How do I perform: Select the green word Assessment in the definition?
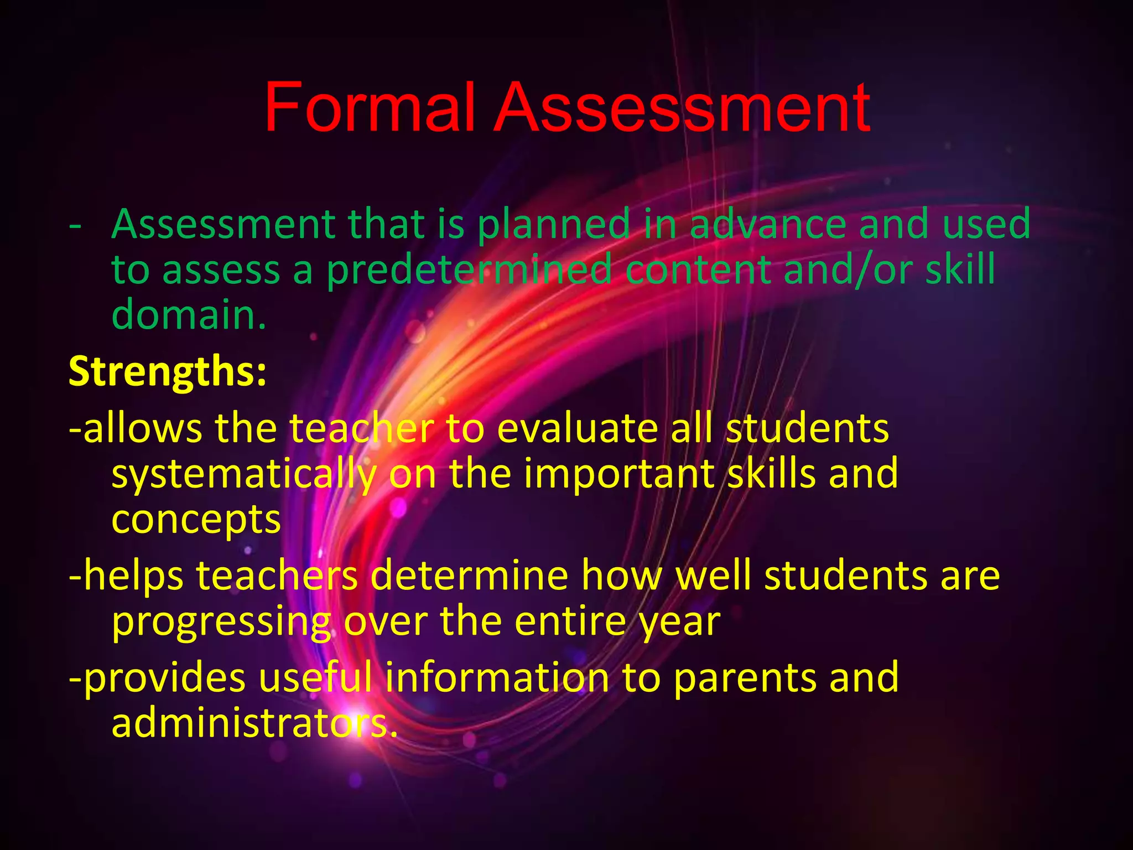click(x=224, y=224)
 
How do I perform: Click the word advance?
click(x=768, y=224)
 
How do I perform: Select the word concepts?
click(x=196, y=520)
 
